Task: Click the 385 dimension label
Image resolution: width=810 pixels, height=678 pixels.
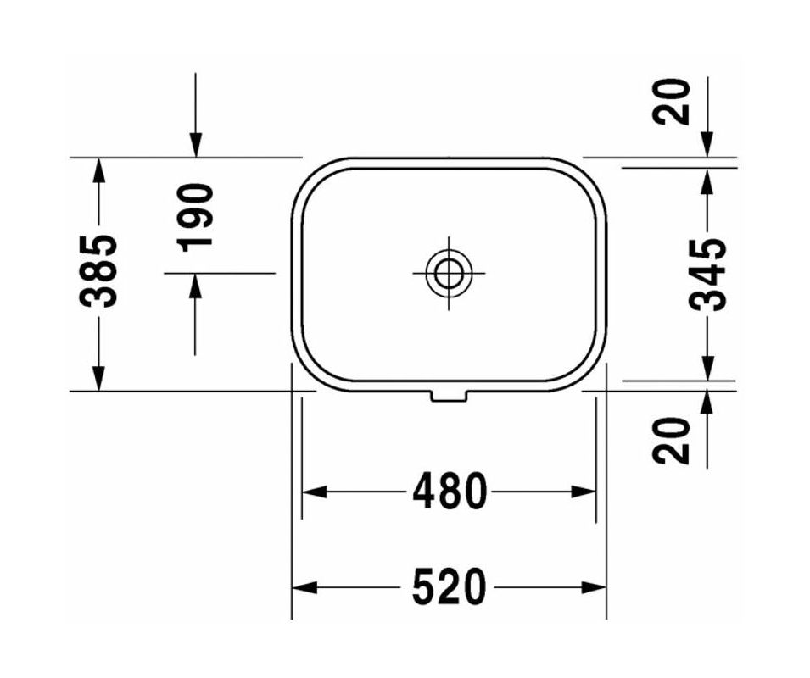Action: click(99, 271)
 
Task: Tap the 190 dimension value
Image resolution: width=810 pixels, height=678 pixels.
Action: click(196, 216)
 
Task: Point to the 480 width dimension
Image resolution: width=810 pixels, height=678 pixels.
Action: click(450, 492)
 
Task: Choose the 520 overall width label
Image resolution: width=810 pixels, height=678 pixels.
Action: click(450, 587)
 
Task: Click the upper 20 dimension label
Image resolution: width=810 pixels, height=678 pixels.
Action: click(673, 101)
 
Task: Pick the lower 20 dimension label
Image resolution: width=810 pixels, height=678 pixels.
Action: click(673, 440)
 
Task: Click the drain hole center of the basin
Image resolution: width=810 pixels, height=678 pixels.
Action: click(448, 273)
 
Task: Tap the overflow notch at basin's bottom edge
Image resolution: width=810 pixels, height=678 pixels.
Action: click(448, 395)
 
